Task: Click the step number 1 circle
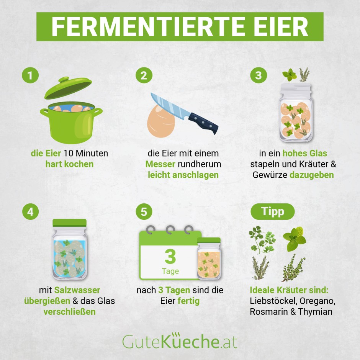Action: coord(30,75)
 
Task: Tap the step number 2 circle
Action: coord(144,75)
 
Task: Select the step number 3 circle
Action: coord(259,75)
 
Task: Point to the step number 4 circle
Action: coord(31,212)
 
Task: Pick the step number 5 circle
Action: coord(144,212)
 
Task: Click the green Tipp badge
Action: coord(273,211)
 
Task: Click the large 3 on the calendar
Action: coord(170,256)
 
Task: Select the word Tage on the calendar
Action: coord(170,271)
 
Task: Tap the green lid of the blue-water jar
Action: coord(70,223)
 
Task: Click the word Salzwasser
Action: coord(77,290)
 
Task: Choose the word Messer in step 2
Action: coord(160,164)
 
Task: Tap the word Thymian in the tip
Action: coord(315,312)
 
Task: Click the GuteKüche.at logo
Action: coord(180,341)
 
